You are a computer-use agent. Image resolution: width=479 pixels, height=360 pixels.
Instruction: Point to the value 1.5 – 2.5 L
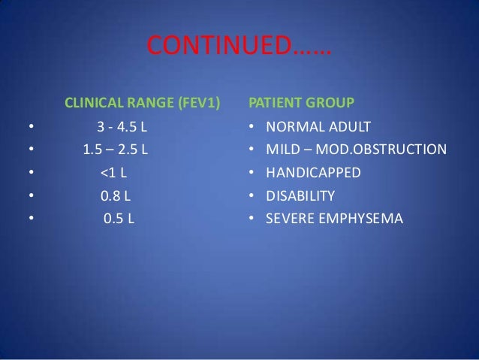tap(115, 149)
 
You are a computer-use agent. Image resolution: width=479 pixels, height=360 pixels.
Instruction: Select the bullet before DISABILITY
tap(252, 197)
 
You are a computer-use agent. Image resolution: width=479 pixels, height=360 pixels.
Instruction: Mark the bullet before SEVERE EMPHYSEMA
tap(252, 220)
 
